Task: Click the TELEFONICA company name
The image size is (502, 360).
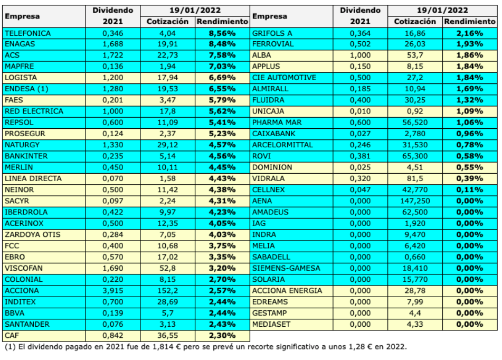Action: (x=27, y=33)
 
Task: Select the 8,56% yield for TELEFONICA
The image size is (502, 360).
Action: (x=222, y=33)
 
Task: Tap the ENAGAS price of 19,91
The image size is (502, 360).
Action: (x=167, y=44)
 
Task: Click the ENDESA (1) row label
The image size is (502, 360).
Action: (x=26, y=89)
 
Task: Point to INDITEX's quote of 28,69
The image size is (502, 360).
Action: (x=167, y=302)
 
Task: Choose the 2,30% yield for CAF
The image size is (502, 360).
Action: (x=222, y=335)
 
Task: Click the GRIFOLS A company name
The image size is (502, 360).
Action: (x=273, y=33)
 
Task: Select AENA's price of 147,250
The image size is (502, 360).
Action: (x=415, y=201)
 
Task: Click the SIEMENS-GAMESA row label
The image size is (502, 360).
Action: (x=287, y=268)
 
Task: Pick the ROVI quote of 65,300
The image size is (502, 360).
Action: (x=415, y=156)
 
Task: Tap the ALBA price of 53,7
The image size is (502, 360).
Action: (x=415, y=55)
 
